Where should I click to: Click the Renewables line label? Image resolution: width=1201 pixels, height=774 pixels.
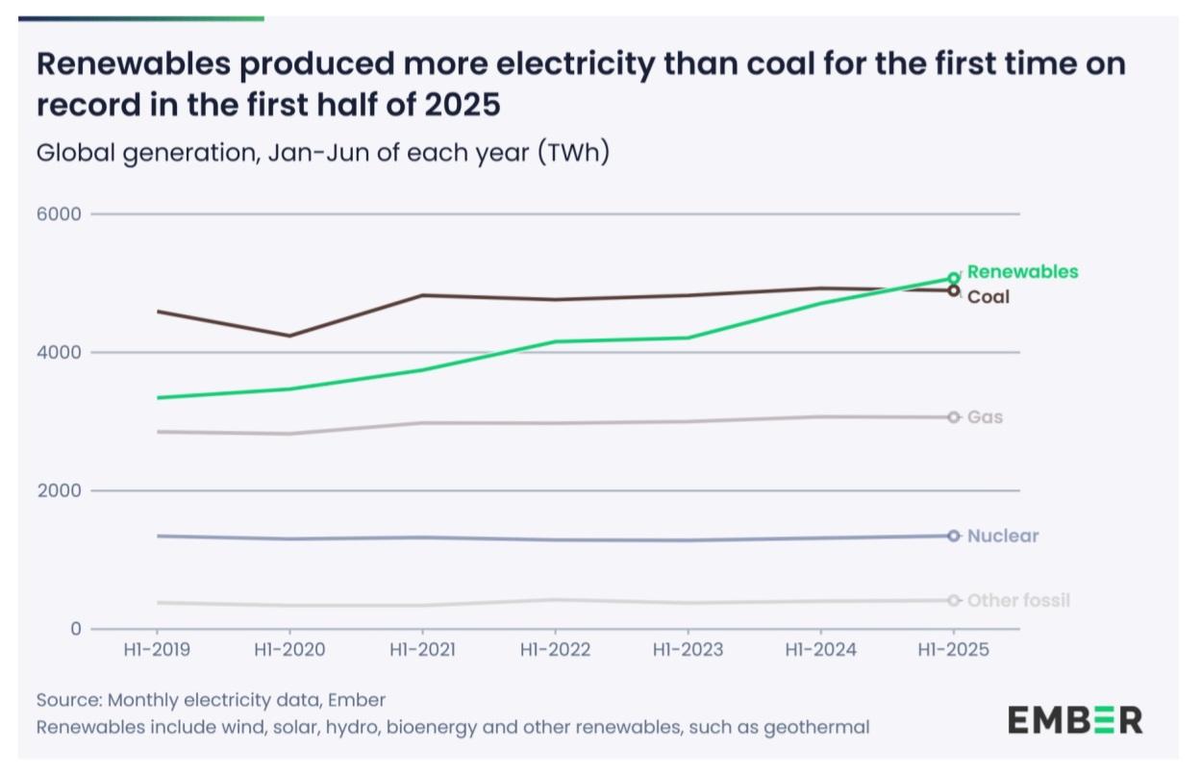pyautogui.click(x=1022, y=272)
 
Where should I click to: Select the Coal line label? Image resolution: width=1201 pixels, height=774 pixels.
pyautogui.click(x=988, y=297)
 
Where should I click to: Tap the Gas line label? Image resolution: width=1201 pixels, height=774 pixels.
pyautogui.click(x=985, y=417)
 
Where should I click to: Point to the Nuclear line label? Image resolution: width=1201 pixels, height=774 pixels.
pyautogui.click(x=1003, y=537)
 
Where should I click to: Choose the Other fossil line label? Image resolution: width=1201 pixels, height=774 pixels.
pyautogui.click(x=1018, y=601)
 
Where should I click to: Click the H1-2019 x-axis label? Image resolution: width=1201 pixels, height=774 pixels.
pyautogui.click(x=156, y=651)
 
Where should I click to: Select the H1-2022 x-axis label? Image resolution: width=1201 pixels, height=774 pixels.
pyautogui.click(x=554, y=651)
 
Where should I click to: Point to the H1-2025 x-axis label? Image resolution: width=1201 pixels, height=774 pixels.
pyautogui.click(x=953, y=651)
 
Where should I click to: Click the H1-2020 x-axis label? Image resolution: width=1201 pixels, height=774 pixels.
pyautogui.click(x=289, y=651)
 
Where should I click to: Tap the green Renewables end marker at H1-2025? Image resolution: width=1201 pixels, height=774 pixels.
pyautogui.click(x=953, y=279)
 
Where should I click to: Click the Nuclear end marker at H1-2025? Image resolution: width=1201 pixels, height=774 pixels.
pyautogui.click(x=953, y=536)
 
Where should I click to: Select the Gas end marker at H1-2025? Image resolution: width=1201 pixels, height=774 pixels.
pyautogui.click(x=953, y=417)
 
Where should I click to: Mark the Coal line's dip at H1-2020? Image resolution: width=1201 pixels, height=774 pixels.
pyautogui.click(x=289, y=336)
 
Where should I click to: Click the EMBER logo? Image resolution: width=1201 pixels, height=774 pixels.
pyautogui.click(x=1075, y=719)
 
